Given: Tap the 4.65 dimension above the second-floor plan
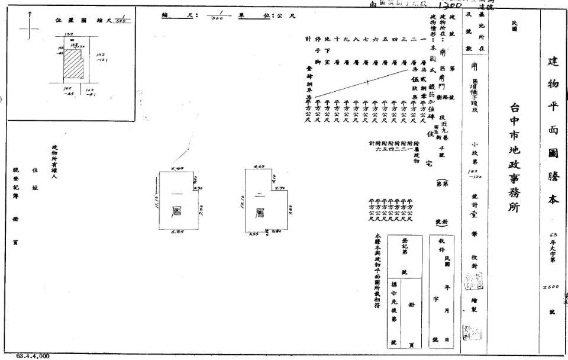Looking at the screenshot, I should coord(259,168).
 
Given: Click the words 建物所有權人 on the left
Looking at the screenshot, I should coord(54,159).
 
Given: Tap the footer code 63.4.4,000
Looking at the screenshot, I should coord(33,356).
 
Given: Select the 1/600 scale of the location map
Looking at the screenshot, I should coord(124,20).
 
